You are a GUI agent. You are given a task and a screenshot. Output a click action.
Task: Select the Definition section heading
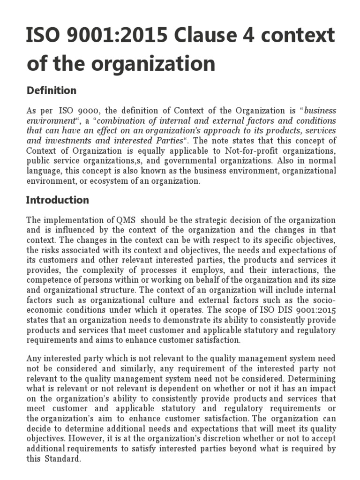pyautogui.click(x=52, y=90)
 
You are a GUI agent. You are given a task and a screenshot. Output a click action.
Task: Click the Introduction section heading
pyautogui.click(x=58, y=200)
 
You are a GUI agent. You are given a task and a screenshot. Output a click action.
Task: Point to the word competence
pyautogui.click(x=47, y=280)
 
